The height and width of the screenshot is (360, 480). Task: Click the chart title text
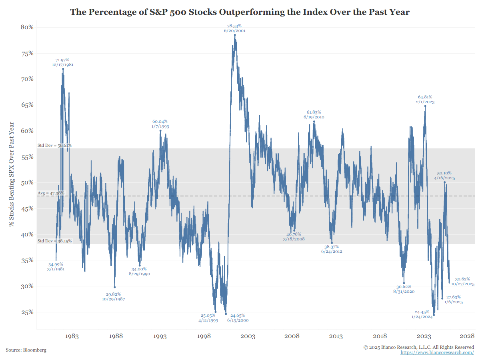(240, 12)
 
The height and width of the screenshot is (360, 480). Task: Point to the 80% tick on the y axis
(27, 27)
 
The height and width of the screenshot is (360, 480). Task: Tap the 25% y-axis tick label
(27, 312)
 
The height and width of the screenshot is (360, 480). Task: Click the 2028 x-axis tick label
(467, 336)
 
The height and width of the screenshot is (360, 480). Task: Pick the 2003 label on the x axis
(248, 336)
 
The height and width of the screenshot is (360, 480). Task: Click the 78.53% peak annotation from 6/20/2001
(234, 28)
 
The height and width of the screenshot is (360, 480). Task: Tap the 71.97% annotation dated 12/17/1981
(62, 62)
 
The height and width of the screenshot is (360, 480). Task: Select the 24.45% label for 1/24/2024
(423, 314)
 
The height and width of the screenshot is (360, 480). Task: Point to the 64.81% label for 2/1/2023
(425, 99)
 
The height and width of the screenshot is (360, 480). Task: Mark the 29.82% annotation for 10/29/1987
(114, 296)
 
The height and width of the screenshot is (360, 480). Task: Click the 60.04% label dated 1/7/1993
(160, 124)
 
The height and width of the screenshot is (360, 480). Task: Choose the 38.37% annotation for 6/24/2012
(331, 249)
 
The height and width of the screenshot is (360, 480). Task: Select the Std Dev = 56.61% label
(54, 145)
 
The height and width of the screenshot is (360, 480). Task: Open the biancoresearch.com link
(437, 352)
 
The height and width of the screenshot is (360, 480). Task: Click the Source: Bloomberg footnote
(26, 350)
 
